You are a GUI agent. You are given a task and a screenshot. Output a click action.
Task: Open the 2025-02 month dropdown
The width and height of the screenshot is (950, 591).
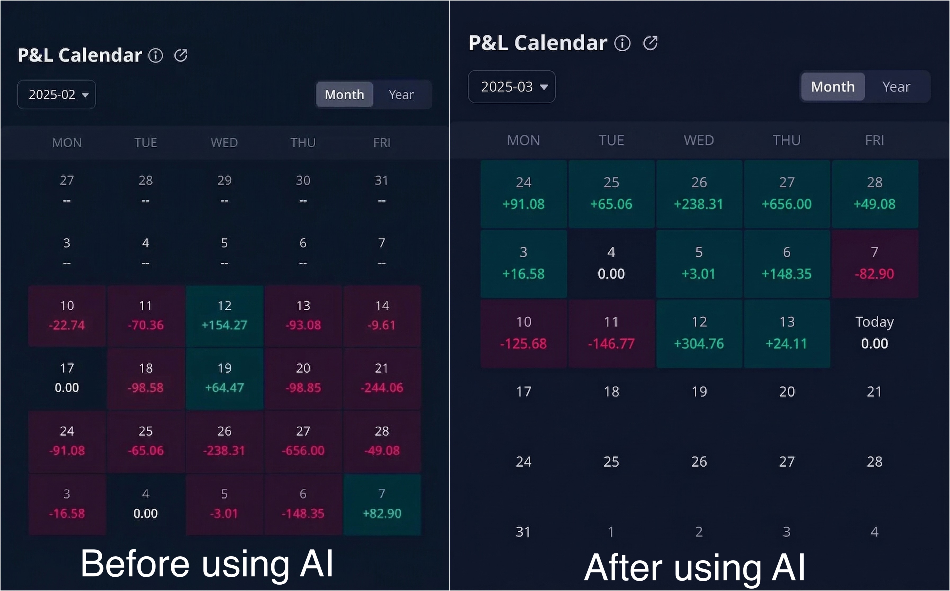[57, 95]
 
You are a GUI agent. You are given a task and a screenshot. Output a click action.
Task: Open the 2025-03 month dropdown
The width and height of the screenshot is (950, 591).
[512, 87]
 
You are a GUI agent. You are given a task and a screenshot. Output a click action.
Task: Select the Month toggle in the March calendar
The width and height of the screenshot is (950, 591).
[833, 87]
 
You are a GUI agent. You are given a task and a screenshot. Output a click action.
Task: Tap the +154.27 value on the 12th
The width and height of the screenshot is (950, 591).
[224, 325]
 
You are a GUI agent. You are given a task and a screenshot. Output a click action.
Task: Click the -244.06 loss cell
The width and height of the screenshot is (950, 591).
[382, 387]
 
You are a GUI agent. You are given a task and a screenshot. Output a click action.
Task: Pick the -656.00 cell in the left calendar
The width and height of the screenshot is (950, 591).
[303, 450]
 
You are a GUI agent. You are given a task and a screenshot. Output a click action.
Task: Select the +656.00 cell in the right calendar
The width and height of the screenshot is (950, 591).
[787, 204]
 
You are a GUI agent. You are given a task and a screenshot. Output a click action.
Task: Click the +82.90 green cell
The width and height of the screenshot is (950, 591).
[382, 513]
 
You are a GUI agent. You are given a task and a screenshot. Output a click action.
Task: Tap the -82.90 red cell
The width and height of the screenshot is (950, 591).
[874, 274]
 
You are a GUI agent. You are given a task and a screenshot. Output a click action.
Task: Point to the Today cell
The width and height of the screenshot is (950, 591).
[874, 332]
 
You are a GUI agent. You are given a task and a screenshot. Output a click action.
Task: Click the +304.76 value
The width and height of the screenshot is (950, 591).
[699, 344]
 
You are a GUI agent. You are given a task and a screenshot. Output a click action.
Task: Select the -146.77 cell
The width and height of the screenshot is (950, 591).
[611, 344]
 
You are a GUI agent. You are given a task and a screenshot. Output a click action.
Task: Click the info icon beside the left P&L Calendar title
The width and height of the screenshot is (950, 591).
[155, 56]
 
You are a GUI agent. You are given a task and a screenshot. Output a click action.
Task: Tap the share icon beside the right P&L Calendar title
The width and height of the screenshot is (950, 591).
[651, 43]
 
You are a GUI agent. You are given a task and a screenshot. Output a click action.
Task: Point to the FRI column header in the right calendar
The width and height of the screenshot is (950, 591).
[874, 140]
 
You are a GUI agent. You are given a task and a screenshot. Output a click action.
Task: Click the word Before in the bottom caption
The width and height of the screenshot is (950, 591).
[135, 564]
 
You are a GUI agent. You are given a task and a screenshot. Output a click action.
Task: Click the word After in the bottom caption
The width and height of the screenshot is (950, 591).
[623, 568]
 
